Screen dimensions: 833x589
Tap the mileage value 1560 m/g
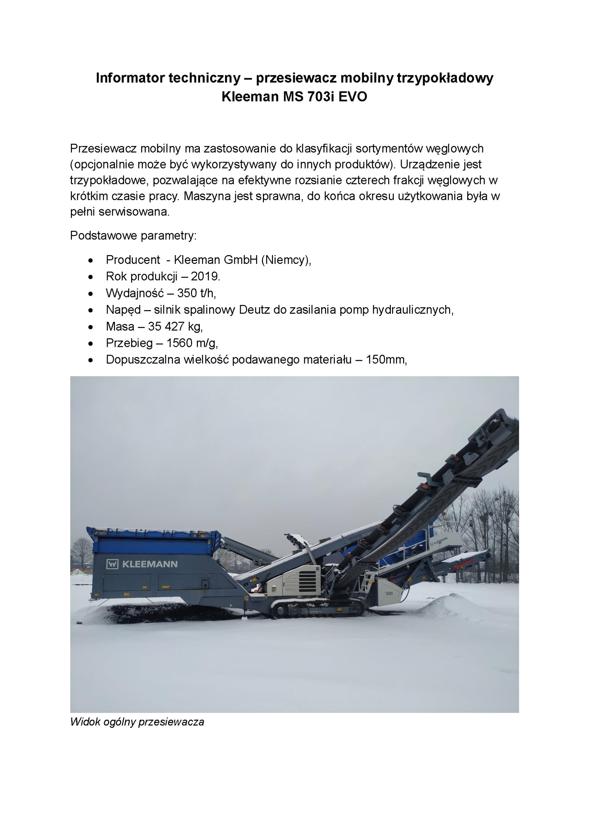tap(192, 343)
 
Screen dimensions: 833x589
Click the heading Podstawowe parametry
tap(133, 236)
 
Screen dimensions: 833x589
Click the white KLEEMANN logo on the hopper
tap(142, 564)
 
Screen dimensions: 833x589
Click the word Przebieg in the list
tap(129, 343)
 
